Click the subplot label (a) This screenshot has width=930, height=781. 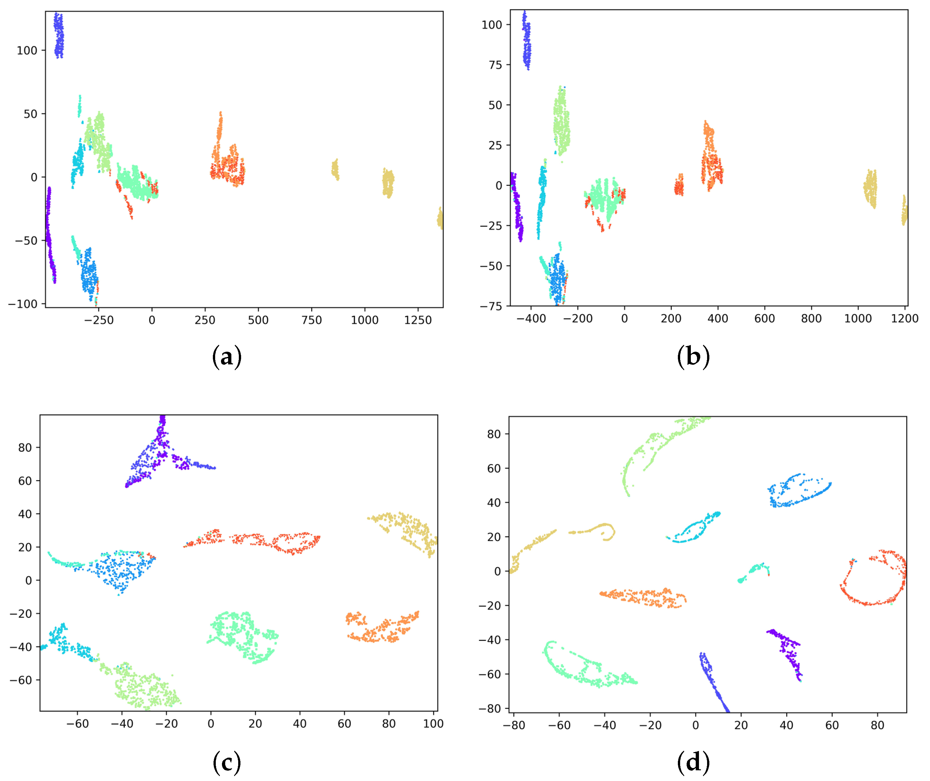click(x=227, y=356)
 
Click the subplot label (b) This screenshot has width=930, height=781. click(x=693, y=356)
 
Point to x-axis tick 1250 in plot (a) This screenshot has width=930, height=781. click(x=418, y=320)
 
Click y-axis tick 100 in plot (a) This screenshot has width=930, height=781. click(x=27, y=51)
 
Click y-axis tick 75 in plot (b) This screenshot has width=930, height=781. click(x=495, y=65)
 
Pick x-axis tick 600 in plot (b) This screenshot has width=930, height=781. click(x=765, y=318)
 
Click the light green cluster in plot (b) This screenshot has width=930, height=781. click(x=562, y=122)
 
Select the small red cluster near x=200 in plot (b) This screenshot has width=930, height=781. click(x=679, y=187)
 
